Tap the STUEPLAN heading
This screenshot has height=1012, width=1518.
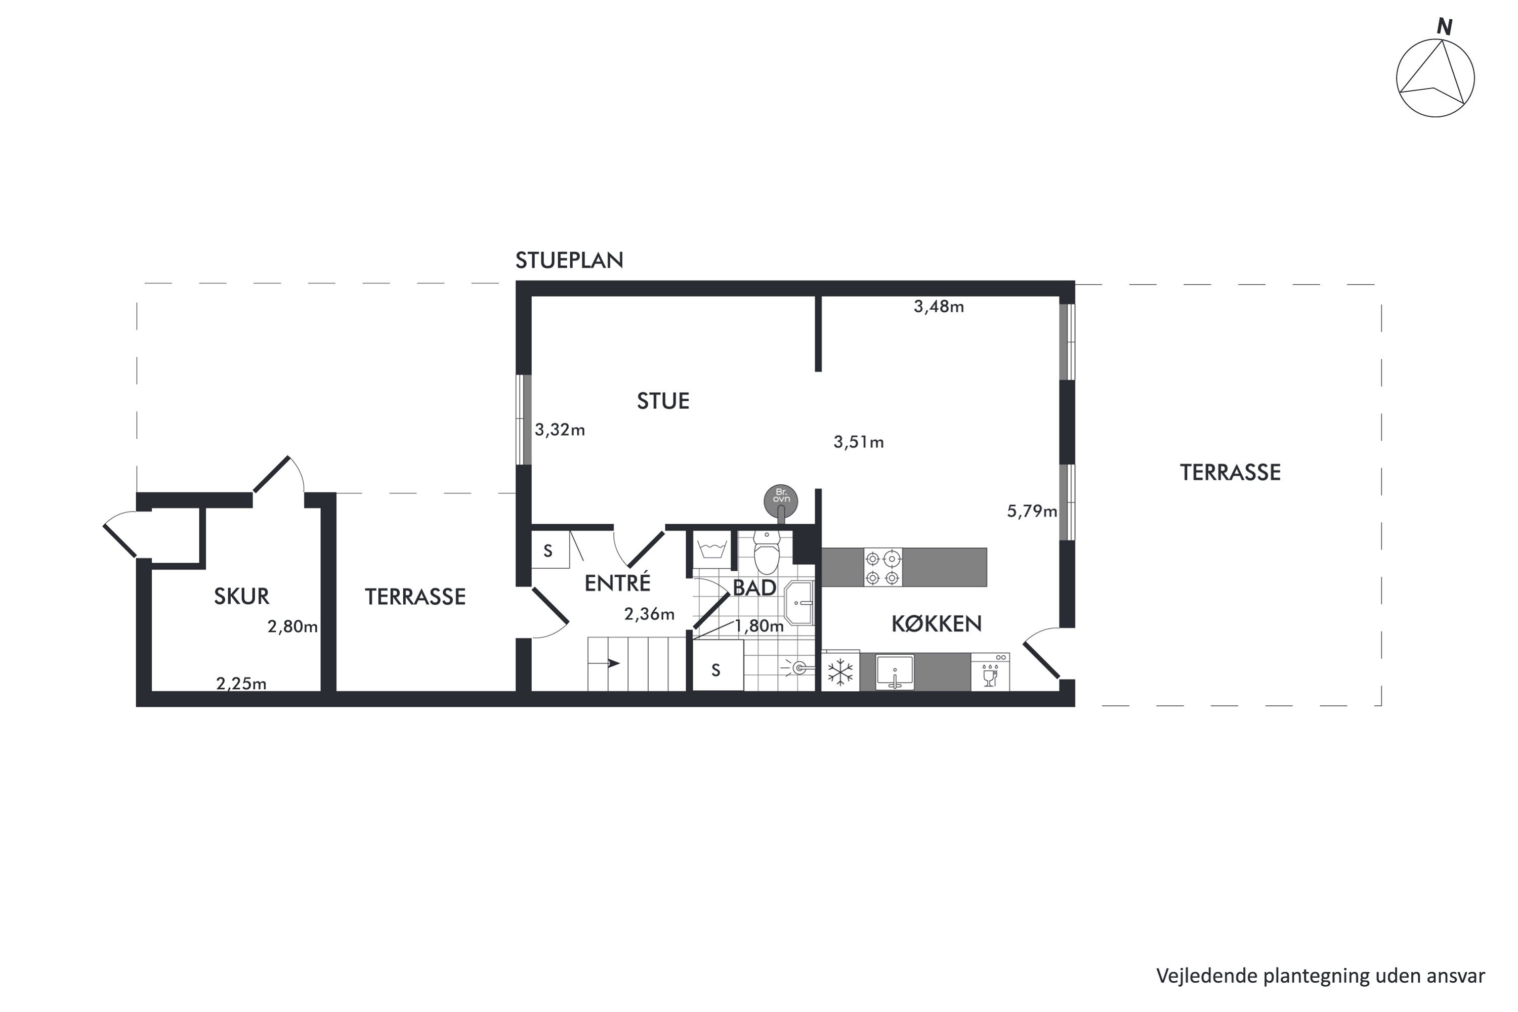569,260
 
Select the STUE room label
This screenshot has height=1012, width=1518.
663,401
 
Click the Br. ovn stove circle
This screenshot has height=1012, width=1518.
781,500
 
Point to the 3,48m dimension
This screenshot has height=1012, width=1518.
939,307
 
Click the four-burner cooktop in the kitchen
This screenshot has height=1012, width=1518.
883,567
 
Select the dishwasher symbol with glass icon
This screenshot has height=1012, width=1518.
990,672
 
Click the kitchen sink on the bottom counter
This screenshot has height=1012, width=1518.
895,672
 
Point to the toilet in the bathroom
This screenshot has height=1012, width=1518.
767,553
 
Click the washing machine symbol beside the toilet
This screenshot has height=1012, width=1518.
712,551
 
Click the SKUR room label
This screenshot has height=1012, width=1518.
241,597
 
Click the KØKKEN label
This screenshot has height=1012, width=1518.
937,623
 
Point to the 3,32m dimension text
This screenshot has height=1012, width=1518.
560,430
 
